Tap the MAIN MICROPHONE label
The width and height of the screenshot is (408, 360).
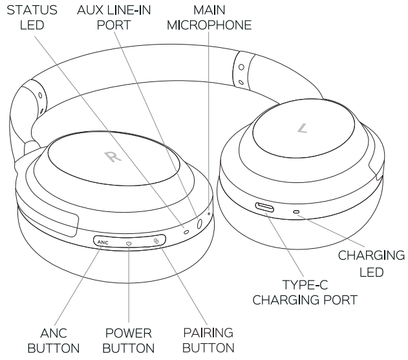(x=209, y=18)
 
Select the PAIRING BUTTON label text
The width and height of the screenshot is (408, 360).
(x=208, y=341)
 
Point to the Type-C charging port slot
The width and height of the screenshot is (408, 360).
(x=266, y=207)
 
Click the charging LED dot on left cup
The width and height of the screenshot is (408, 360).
(x=297, y=212)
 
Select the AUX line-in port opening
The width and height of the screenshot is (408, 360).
(x=199, y=223)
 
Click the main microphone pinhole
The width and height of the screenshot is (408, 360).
(x=209, y=214)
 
